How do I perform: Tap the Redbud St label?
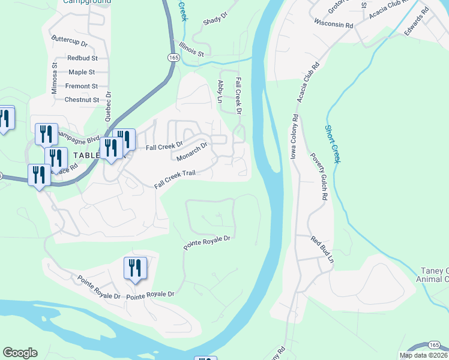(83, 58)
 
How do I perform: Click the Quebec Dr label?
(109, 103)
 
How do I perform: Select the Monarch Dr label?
(192, 151)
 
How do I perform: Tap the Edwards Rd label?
(417, 20)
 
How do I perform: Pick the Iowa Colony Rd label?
(294, 137)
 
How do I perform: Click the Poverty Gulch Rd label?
(319, 176)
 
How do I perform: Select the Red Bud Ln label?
(322, 250)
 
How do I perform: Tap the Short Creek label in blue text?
(333, 145)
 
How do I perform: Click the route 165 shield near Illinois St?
(173, 57)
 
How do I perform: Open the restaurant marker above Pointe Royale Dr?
(135, 268)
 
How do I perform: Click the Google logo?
(20, 353)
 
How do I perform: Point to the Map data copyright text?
(424, 355)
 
